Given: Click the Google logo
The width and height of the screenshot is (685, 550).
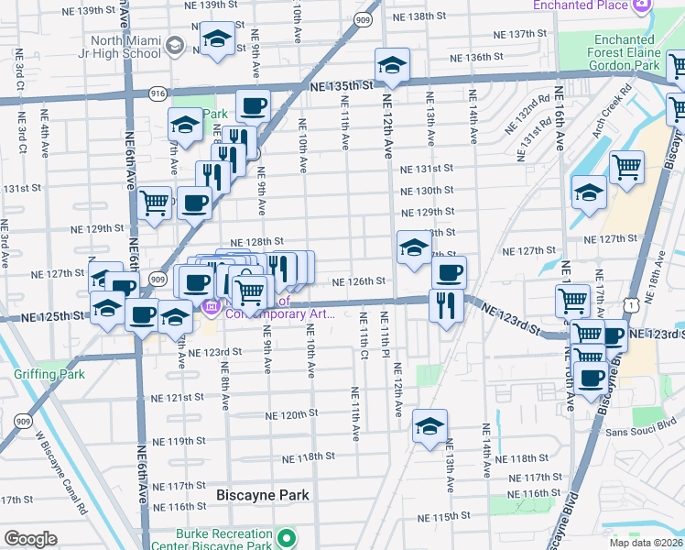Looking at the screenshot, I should (30, 539).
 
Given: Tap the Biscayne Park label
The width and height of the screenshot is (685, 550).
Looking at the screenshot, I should (263, 495).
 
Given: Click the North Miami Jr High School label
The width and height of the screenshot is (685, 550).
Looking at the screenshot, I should (126, 47).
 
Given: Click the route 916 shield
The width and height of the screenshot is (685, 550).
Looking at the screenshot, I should (158, 93).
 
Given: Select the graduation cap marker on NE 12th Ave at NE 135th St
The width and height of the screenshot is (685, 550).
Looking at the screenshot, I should (392, 66).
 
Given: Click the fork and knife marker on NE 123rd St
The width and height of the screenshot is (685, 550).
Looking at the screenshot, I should (446, 305).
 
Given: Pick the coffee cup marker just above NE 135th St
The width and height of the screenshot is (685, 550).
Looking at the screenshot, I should (254, 105).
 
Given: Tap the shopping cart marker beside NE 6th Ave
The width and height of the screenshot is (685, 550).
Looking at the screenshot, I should (155, 203).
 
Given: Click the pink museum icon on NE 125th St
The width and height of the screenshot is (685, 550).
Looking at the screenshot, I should (211, 307).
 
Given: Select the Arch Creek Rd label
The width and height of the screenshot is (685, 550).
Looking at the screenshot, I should (612, 112).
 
